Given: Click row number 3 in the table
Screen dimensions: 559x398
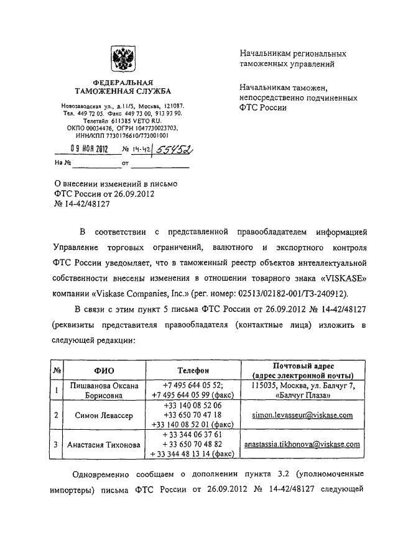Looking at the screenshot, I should click(57, 445).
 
